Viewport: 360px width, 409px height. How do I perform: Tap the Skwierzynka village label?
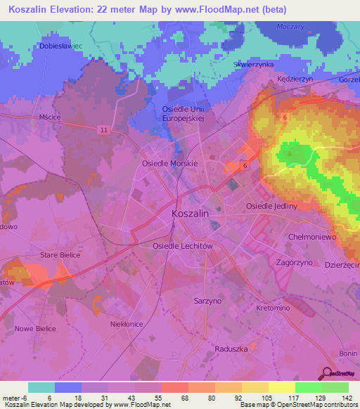coord(252,64)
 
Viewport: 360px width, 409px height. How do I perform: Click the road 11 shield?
coord(103,130)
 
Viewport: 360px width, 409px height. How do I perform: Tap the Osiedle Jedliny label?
coord(271,206)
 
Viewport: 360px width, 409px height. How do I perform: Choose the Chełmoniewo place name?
coord(314,238)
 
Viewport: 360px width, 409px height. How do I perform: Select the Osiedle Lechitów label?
coord(182,246)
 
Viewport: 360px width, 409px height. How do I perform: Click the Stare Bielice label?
coord(60,255)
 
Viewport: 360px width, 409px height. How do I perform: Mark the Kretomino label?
coord(274,309)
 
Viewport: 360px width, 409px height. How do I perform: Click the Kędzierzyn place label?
coord(295,79)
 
